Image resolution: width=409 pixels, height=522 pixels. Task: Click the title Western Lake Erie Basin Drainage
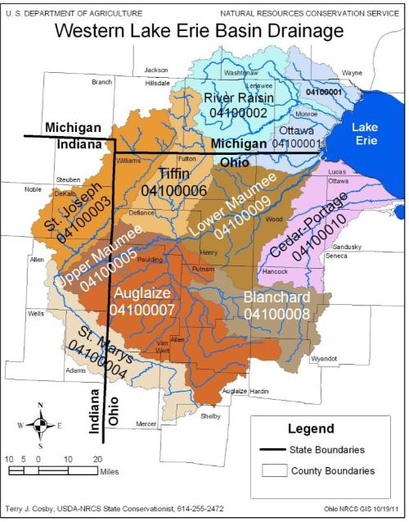click(200, 33)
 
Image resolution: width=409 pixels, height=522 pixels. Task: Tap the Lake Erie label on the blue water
click(371, 135)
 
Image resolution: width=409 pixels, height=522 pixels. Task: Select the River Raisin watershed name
click(238, 98)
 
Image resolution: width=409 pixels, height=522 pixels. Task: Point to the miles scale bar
click(53, 471)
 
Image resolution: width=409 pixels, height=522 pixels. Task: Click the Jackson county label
click(156, 70)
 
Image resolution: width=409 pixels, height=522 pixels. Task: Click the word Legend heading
click(310, 429)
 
